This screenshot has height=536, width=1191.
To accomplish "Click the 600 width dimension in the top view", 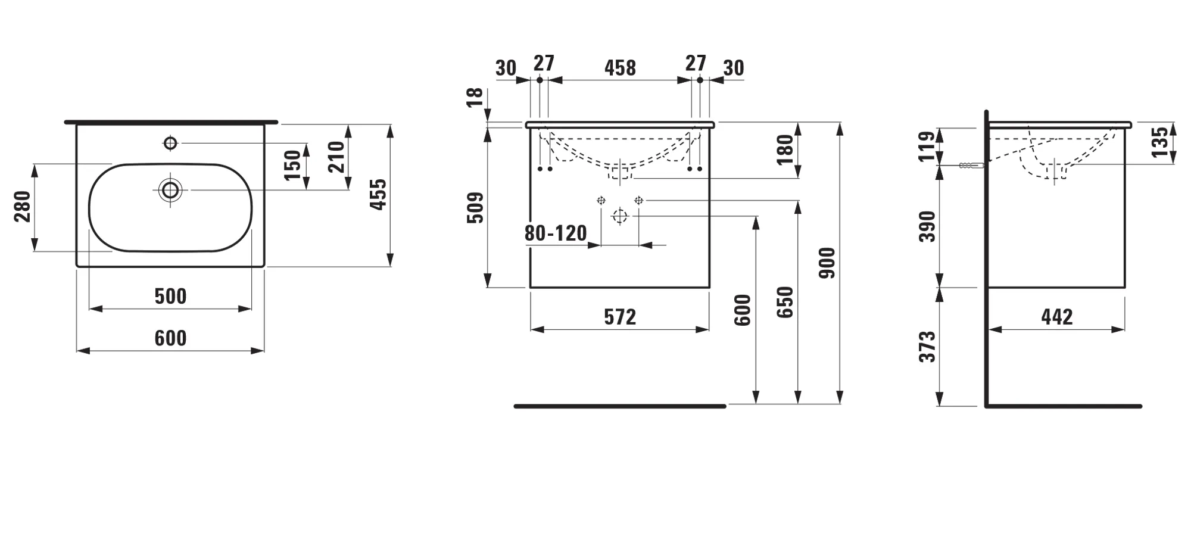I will point(170,338).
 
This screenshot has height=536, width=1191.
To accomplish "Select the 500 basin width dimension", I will point(170,296).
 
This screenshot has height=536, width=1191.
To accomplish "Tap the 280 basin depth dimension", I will point(23,206).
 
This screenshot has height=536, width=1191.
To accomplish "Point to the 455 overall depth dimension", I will point(378,194).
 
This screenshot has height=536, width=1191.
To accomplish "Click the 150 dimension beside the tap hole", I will point(292,166).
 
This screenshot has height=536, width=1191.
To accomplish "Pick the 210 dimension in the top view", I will point(337,157).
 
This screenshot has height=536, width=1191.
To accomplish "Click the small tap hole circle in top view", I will point(170,143).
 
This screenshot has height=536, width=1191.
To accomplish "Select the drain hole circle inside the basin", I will point(170,190).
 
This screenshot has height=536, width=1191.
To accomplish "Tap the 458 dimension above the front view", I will point(620,68).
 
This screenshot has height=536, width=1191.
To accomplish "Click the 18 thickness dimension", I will point(475,97).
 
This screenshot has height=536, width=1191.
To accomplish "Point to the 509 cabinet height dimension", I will point(475,207).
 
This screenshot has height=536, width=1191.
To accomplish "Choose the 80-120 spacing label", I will point(556,233).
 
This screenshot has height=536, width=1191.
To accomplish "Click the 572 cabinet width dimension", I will point(620,317).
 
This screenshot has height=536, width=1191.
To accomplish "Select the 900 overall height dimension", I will point(828,263).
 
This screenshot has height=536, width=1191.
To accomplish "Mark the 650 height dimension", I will point(785,302).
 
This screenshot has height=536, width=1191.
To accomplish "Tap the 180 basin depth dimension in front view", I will point(785,150).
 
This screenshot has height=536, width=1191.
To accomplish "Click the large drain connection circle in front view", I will point(620,216).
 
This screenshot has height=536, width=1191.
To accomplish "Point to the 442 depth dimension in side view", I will point(1057,317).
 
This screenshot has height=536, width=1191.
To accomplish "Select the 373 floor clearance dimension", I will point(928,347).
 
